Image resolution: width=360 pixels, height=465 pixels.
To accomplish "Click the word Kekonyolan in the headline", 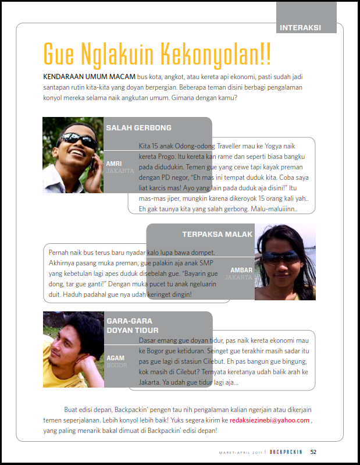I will [215, 54].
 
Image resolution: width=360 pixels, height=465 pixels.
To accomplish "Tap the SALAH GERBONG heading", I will [138, 128].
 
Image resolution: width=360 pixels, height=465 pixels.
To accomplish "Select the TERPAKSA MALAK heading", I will [217, 234].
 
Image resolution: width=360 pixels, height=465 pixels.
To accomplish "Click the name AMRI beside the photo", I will [113, 164].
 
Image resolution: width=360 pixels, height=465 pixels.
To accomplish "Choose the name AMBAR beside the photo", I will [241, 270].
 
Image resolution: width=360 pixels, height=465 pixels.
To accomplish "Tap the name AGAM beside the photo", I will [115, 357].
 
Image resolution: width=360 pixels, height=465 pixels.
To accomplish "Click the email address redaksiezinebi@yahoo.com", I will [269, 420].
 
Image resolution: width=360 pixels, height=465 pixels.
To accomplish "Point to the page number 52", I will [313, 452].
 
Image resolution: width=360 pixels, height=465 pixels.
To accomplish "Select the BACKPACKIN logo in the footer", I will [286, 452].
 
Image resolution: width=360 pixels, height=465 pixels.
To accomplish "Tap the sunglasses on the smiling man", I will [77, 140].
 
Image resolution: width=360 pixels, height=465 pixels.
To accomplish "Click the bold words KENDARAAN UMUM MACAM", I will [89, 77].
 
